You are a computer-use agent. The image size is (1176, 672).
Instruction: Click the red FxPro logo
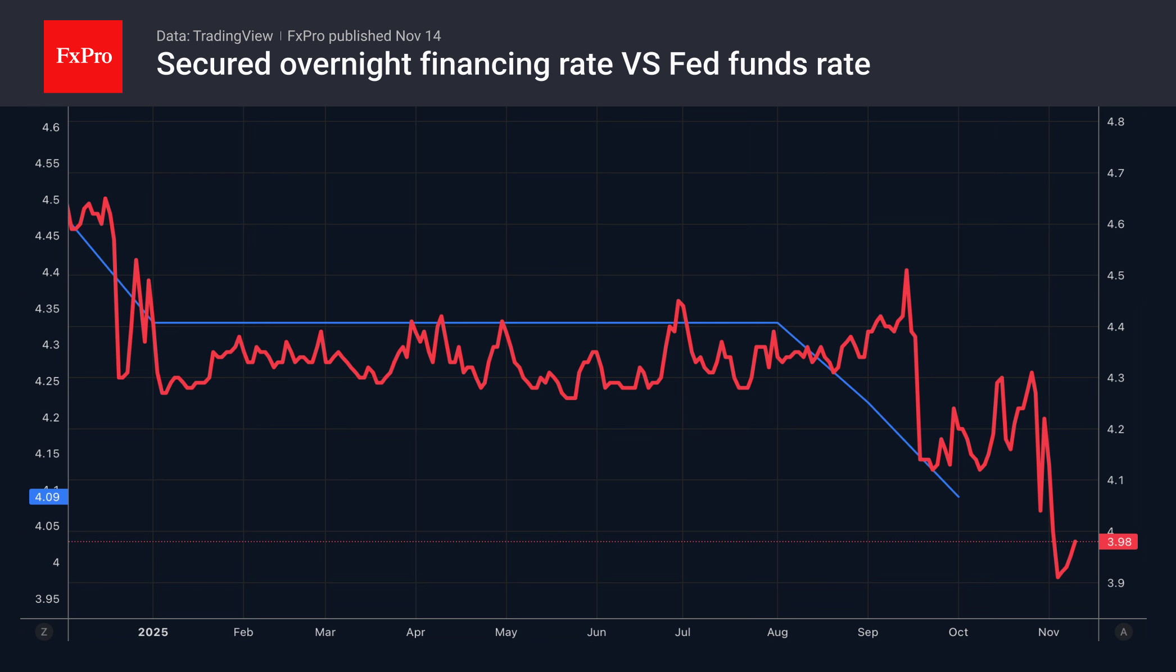pyautogui.click(x=83, y=56)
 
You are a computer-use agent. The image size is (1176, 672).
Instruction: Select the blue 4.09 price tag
pyautogui.click(x=48, y=497)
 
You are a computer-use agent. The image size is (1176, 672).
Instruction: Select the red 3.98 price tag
pyautogui.click(x=1118, y=542)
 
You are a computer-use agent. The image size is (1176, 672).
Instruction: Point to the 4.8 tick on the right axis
pyautogui.click(x=1115, y=122)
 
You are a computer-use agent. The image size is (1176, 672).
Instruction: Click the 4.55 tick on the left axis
pyautogui.click(x=47, y=164)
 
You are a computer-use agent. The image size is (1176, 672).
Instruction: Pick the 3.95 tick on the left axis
pyautogui.click(x=47, y=599)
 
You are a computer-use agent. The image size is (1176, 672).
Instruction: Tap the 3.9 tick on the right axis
pyautogui.click(x=1115, y=583)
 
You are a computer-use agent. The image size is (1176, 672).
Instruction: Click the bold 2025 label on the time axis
pyautogui.click(x=153, y=632)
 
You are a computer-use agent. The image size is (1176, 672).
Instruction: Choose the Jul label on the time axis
pyautogui.click(x=682, y=632)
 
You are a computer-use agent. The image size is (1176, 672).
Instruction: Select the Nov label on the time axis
pyautogui.click(x=1048, y=632)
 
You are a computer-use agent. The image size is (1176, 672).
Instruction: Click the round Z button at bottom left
pyautogui.click(x=44, y=632)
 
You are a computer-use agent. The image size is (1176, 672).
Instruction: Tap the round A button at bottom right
pyautogui.click(x=1123, y=632)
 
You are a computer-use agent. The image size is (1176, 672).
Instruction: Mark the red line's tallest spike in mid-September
pyautogui.click(x=906, y=270)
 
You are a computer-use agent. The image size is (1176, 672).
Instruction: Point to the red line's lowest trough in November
pyautogui.click(x=1058, y=577)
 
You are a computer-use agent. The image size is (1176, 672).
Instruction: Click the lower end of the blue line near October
pyautogui.click(x=958, y=497)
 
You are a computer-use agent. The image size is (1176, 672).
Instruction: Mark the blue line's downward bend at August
pyautogui.click(x=777, y=323)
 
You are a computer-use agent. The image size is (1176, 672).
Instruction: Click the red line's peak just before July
pyautogui.click(x=679, y=301)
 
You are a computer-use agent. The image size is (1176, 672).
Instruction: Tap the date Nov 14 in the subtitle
pyautogui.click(x=418, y=36)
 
